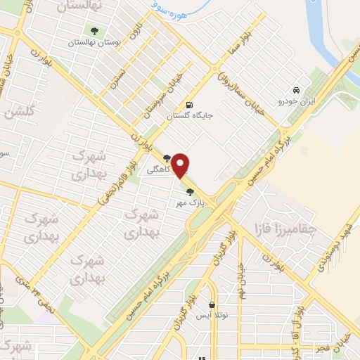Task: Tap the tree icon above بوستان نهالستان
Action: (x=94, y=30)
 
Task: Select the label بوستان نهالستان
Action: (x=94, y=43)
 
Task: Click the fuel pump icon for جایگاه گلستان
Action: (x=188, y=105)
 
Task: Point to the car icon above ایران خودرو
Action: (x=297, y=90)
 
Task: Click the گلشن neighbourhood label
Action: (x=19, y=114)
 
